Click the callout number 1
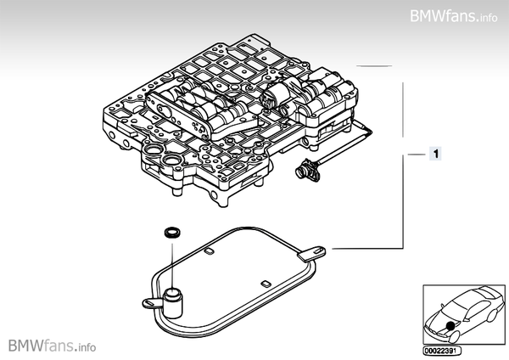(434, 154)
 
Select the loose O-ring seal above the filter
(171, 232)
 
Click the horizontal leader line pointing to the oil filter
(365, 248)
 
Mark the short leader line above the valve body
(373, 65)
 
